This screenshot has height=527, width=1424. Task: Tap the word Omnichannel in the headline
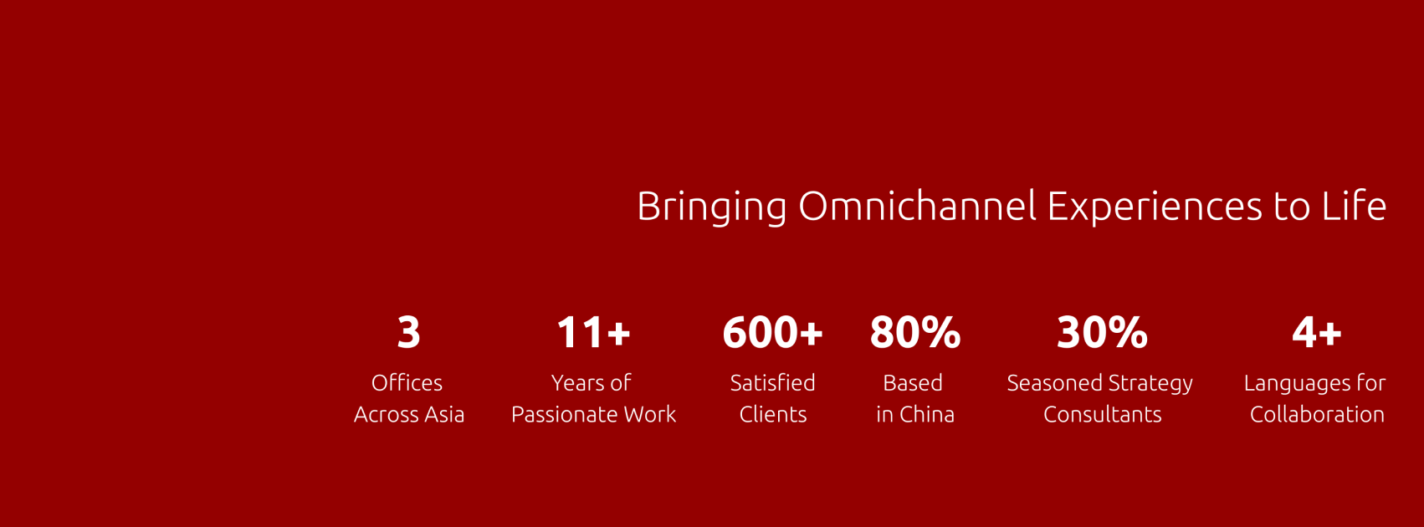pos(917,206)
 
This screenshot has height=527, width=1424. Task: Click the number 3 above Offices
pos(409,332)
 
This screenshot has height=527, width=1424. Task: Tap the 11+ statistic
pos(594,332)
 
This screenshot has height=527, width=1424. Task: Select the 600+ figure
pos(772,332)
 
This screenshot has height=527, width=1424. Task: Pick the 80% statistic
pos(914,332)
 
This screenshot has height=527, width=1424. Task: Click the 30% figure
pos(1103,332)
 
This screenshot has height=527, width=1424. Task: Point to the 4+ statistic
pos(1317,332)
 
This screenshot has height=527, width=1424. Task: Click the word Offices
pos(407,382)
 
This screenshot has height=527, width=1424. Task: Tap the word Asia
pos(443,414)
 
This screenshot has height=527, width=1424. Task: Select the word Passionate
pos(565,414)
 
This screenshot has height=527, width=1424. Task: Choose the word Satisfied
pos(772,382)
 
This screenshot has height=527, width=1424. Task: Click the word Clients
pos(773,414)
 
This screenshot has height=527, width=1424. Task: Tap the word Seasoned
pos(1056,382)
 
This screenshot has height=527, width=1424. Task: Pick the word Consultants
pos(1103,414)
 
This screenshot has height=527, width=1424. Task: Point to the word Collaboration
pos(1317,414)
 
